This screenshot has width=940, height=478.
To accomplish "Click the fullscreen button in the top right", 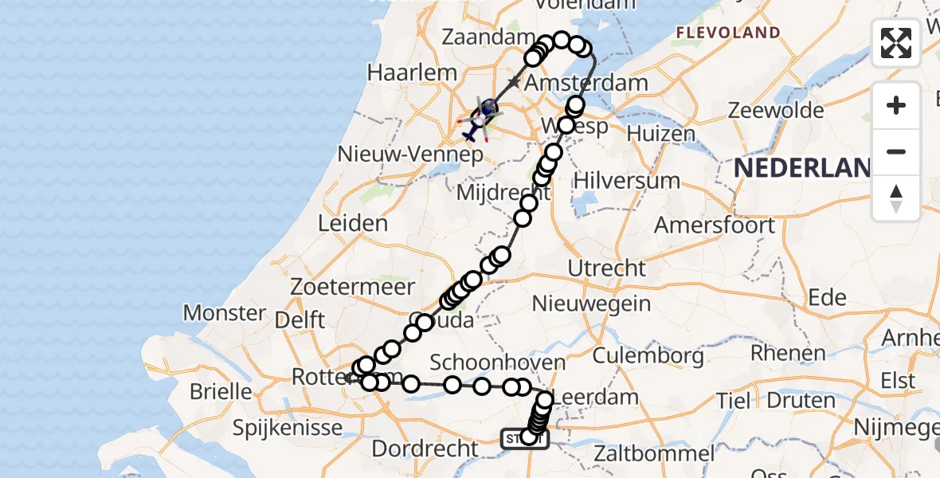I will coord(896,43).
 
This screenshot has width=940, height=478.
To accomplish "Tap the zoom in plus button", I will coord(896,105).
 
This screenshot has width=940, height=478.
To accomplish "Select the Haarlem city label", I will coord(412,72).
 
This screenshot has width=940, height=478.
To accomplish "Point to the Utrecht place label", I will coord(607,268).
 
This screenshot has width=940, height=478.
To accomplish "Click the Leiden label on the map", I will coord(353,224).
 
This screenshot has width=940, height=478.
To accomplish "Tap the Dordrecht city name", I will coord(425,449).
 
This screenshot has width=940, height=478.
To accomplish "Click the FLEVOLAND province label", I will coord(727,33).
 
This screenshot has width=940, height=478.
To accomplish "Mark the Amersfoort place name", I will coord(715,225).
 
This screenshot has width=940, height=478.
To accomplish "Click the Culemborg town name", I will coord(647,355).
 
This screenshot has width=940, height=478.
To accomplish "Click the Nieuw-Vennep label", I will coord(411,153).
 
